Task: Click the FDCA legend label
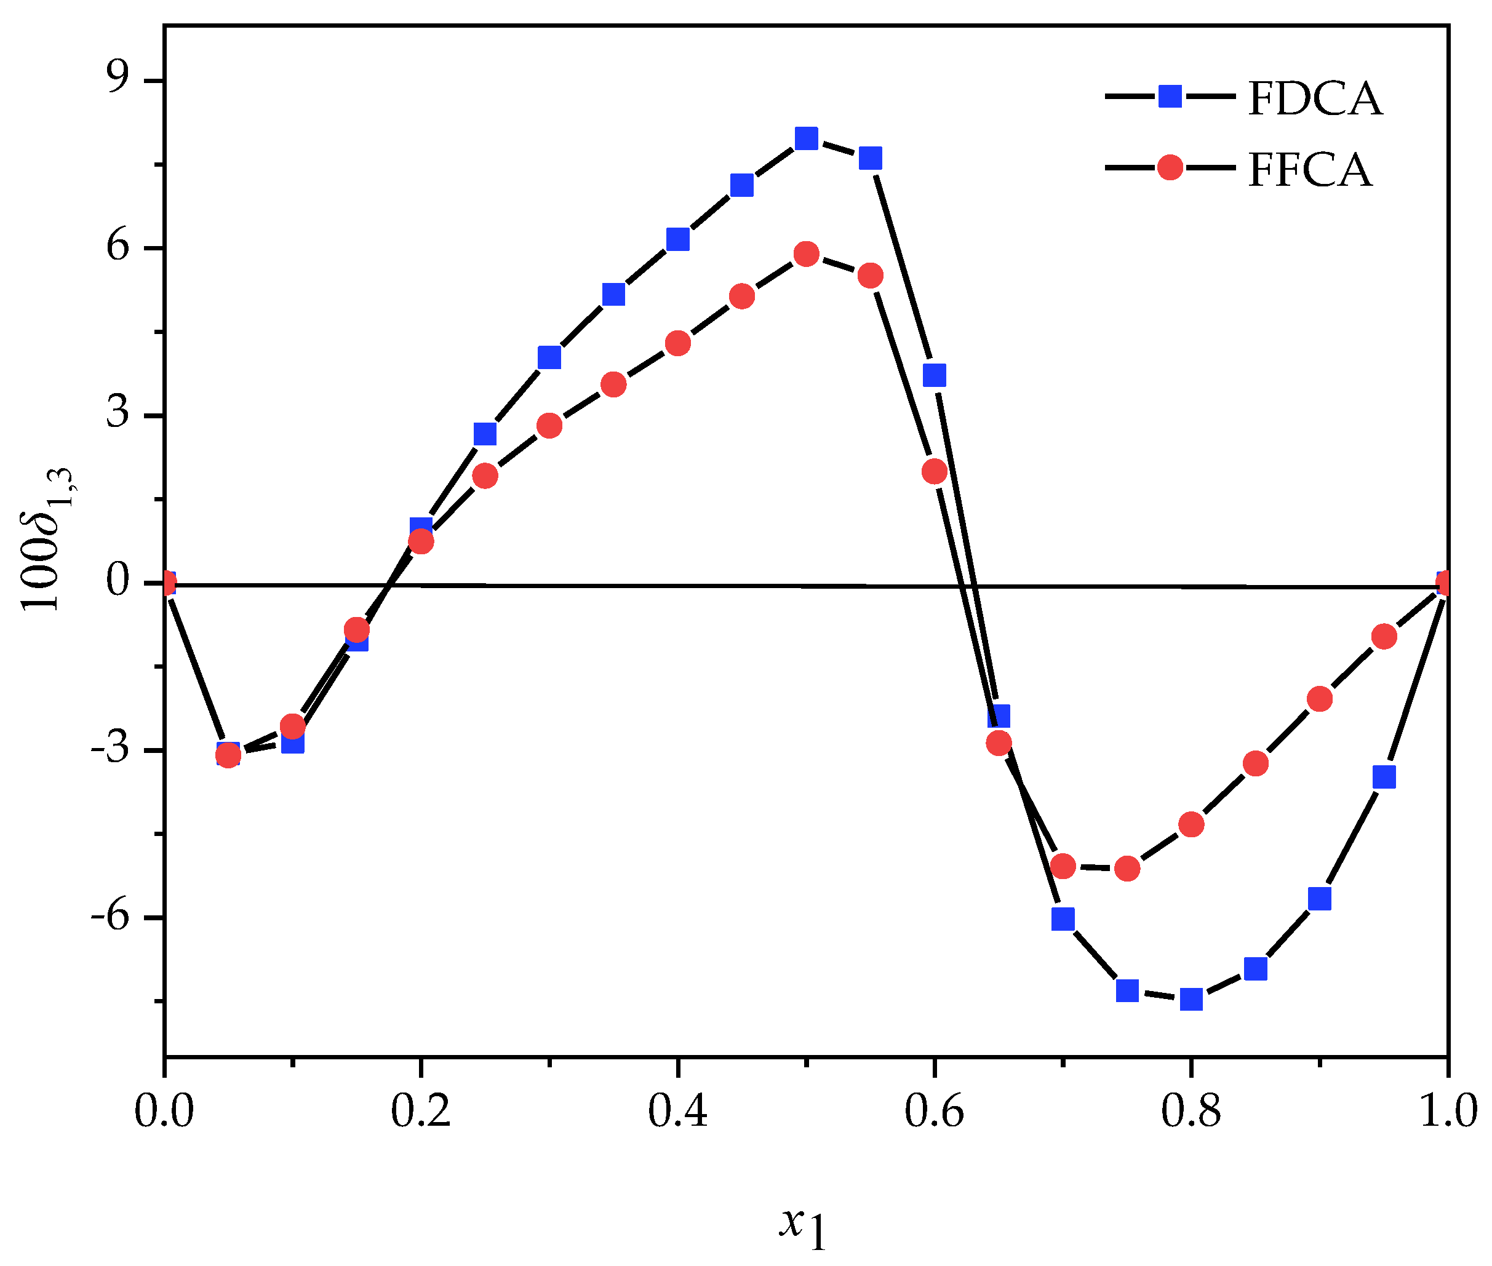click(1314, 98)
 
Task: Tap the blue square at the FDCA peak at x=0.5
click(807, 138)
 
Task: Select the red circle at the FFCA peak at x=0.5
click(807, 254)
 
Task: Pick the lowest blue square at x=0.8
click(1191, 999)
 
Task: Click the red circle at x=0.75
click(1127, 869)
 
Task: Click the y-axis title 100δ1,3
click(47, 538)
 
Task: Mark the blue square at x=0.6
click(935, 375)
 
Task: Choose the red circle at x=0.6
click(935, 471)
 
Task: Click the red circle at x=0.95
click(1384, 636)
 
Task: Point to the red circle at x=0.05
click(228, 754)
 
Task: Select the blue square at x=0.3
click(549, 357)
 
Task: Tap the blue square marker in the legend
click(1170, 96)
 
